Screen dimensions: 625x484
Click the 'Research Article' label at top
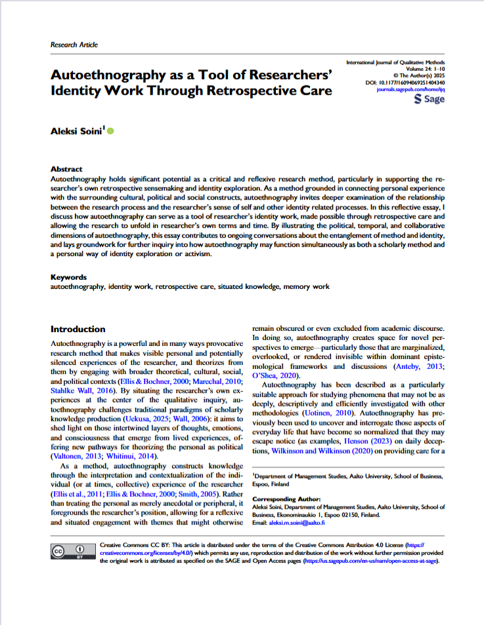74,45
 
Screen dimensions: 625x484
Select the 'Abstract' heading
68,169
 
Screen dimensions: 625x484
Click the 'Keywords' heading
69,277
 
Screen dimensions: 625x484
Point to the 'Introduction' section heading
77,329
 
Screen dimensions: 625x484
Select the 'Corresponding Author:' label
283,498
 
